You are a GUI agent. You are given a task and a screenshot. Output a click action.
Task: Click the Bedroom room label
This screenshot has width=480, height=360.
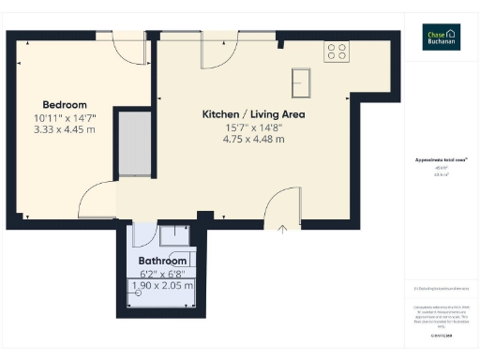pos(65,104)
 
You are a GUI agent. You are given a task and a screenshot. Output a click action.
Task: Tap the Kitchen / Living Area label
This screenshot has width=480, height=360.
pos(254,114)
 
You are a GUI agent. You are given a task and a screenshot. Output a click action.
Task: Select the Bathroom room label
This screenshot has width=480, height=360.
pos(161,260)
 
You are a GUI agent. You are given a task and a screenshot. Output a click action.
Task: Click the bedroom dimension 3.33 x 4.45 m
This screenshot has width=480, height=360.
pos(65,130)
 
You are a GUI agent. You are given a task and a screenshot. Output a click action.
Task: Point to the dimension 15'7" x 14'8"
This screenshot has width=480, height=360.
pos(253,127)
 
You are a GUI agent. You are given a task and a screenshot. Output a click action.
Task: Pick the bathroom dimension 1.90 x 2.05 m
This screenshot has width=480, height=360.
pos(162,285)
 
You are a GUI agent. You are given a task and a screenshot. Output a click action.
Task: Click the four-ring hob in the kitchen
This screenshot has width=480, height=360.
pos(337,52)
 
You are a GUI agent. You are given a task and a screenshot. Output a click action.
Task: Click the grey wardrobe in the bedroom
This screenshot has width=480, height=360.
pos(134,144)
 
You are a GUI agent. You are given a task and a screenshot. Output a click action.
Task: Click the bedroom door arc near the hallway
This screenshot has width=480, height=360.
pos(97,200)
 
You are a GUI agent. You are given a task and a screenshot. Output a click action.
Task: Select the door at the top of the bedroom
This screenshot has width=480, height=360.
pos(127,49)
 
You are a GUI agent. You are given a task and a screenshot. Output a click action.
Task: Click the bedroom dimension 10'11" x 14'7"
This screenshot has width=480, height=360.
pos(65,118)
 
